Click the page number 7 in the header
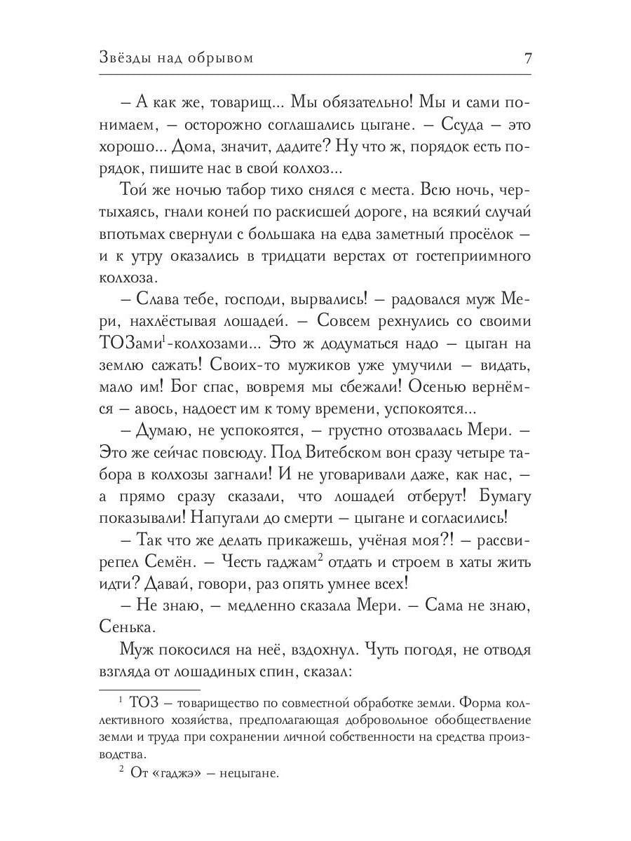pyautogui.click(x=527, y=59)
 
